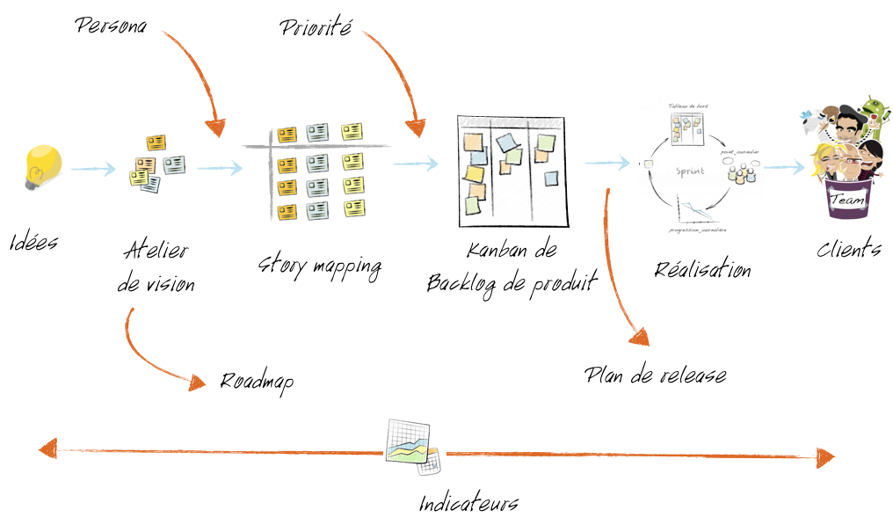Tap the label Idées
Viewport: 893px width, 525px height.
tap(35, 241)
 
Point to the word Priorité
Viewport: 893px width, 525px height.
tap(316, 27)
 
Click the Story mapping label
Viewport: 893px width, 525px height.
tap(320, 265)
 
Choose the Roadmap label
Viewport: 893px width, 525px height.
tap(256, 381)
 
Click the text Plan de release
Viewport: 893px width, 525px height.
tap(656, 375)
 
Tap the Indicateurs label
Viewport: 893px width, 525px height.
tap(468, 504)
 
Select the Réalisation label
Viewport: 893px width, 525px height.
tap(702, 269)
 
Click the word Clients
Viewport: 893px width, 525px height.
tap(848, 249)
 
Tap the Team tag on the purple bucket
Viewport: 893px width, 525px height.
tap(847, 201)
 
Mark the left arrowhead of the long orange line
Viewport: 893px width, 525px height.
tap(49, 448)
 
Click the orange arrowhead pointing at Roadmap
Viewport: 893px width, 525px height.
tap(199, 381)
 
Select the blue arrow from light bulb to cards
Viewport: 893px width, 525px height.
tap(91, 168)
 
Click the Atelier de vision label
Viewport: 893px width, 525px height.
tap(156, 266)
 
